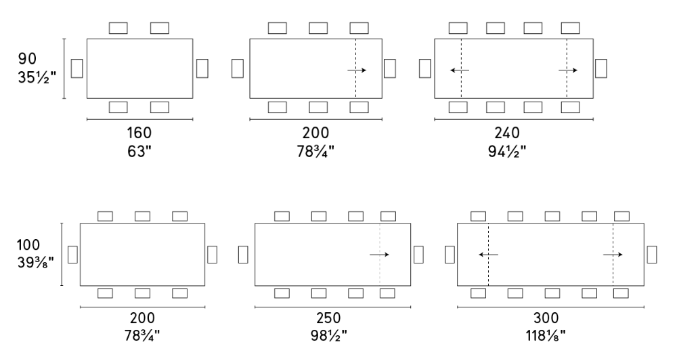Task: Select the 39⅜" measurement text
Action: pyautogui.click(x=37, y=261)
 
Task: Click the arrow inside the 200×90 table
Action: pyautogui.click(x=357, y=70)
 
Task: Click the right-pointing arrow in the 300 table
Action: pyautogui.click(x=613, y=255)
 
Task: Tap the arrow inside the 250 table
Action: pyautogui.click(x=379, y=255)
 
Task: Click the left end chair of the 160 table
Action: pyautogui.click(x=77, y=68)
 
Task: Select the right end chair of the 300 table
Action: pyautogui.click(x=652, y=254)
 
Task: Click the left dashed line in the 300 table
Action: pyautogui.click(x=488, y=255)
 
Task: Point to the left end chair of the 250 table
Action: pyautogui.click(x=243, y=254)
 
